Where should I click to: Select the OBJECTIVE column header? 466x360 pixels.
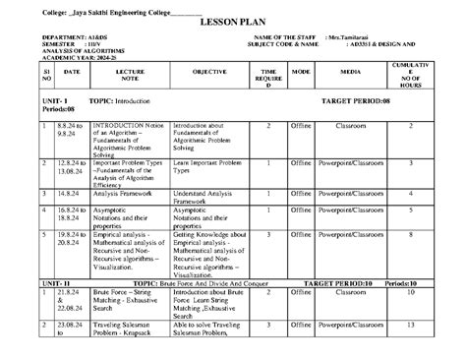click(x=209, y=72)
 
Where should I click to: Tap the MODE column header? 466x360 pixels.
click(x=301, y=72)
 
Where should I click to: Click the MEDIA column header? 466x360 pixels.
click(x=351, y=72)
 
